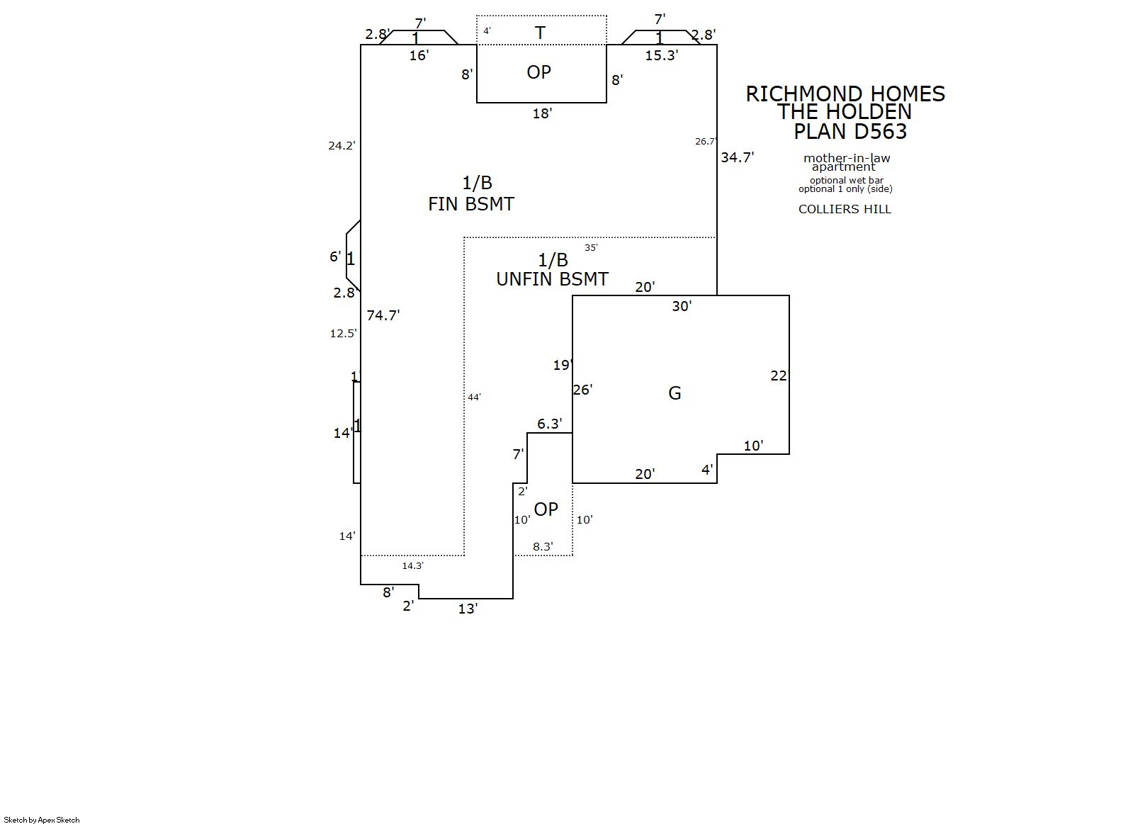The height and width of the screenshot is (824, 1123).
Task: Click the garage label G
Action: (x=675, y=393)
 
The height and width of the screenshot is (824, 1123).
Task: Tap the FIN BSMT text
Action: (x=471, y=204)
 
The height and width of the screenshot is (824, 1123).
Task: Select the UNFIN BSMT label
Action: (x=552, y=279)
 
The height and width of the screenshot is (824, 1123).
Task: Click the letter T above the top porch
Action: (x=540, y=33)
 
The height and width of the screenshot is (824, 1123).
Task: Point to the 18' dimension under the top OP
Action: (x=542, y=113)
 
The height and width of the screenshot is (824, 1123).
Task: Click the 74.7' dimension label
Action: (x=383, y=315)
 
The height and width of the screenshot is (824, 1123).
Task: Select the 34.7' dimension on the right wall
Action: (x=737, y=157)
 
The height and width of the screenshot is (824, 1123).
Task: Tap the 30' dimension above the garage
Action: (x=682, y=306)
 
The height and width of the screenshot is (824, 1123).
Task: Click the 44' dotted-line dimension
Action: (x=474, y=397)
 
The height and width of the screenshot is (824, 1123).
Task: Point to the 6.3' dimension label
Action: (x=549, y=424)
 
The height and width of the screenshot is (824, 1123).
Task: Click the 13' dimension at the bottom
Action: (x=468, y=609)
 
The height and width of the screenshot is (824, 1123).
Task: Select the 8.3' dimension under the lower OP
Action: (x=543, y=546)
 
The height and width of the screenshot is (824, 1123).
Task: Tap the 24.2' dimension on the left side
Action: (x=342, y=146)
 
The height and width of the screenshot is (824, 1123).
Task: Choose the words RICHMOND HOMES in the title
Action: (x=845, y=94)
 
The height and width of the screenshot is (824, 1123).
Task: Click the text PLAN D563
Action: (x=850, y=131)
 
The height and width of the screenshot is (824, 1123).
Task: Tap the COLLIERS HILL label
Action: (x=845, y=209)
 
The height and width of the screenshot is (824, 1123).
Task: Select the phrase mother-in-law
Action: (x=847, y=158)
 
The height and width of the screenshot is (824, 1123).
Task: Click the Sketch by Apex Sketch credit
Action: (x=42, y=820)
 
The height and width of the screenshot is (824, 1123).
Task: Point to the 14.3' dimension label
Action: (x=412, y=565)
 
